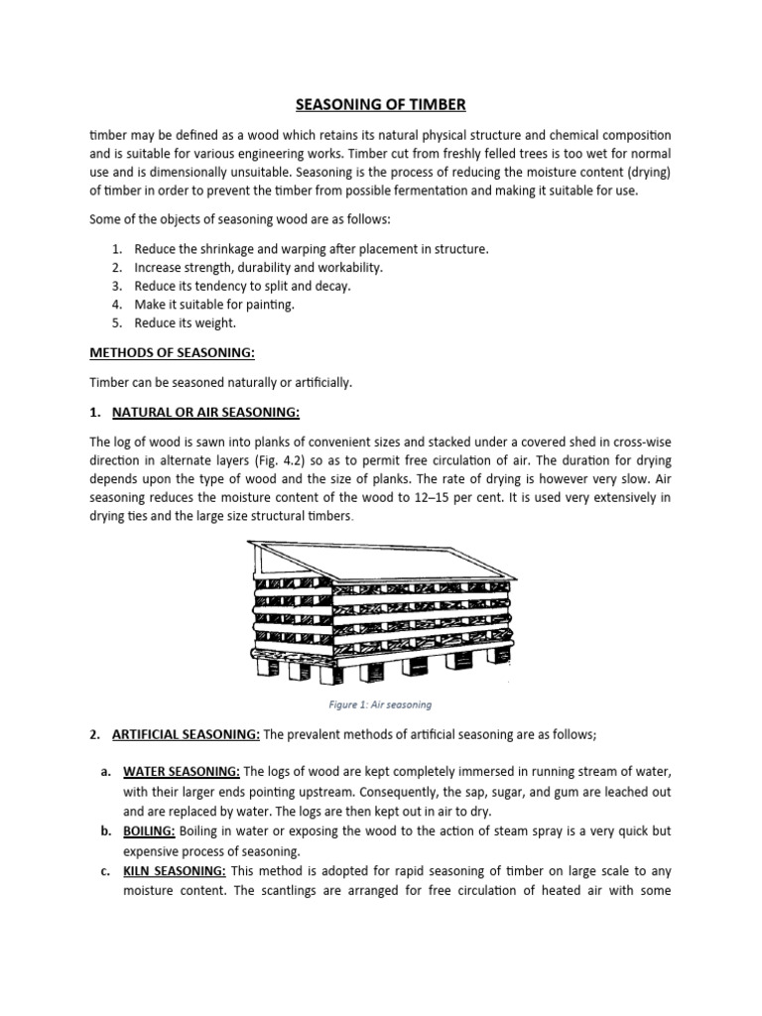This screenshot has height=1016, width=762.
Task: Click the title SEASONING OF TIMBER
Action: pyautogui.click(x=381, y=103)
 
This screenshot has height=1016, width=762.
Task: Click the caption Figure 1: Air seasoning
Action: pyautogui.click(x=381, y=704)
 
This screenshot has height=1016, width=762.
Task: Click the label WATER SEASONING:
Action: pyautogui.click(x=182, y=771)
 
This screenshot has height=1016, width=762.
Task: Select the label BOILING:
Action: pyautogui.click(x=150, y=831)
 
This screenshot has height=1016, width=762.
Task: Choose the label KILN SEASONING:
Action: pyautogui.click(x=175, y=871)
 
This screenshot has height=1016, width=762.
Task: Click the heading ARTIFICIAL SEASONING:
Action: pyautogui.click(x=186, y=733)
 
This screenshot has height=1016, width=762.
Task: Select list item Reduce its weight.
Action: pyautogui.click(x=187, y=323)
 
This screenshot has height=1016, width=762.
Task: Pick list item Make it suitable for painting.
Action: pyautogui.click(x=214, y=305)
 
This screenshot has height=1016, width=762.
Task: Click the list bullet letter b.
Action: pyautogui.click(x=105, y=831)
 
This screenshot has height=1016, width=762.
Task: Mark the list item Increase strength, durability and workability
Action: pyautogui.click(x=258, y=267)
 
